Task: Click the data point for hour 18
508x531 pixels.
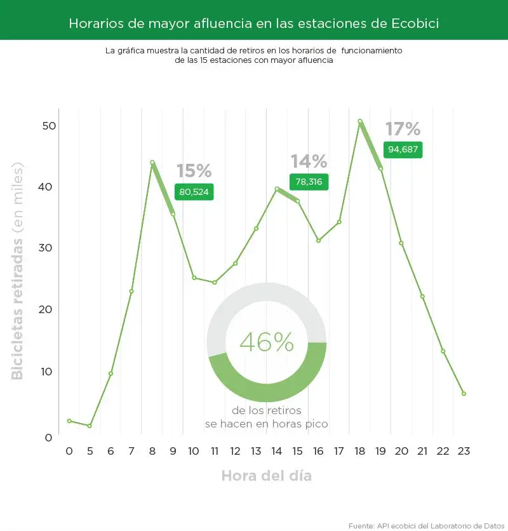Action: pyautogui.click(x=360, y=121)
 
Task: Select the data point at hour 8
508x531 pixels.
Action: pyautogui.click(x=152, y=163)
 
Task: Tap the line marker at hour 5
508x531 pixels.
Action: pyautogui.click(x=90, y=426)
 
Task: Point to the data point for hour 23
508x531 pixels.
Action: pyautogui.click(x=464, y=394)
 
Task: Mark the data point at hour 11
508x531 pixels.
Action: pyautogui.click(x=215, y=282)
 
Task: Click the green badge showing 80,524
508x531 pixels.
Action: pyautogui.click(x=194, y=191)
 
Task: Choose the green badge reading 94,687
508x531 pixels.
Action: pyautogui.click(x=403, y=150)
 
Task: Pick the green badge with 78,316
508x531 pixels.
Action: pyautogui.click(x=309, y=182)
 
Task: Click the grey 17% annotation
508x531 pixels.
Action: pyautogui.click(x=403, y=130)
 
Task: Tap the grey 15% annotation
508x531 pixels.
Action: pyautogui.click(x=194, y=171)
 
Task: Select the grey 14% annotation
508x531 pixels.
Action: pyautogui.click(x=309, y=161)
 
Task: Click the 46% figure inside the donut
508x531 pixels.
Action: pyautogui.click(x=267, y=342)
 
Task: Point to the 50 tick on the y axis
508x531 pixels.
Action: pyautogui.click(x=50, y=125)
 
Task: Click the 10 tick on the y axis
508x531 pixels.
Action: pyautogui.click(x=50, y=371)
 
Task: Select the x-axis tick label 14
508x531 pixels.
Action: pyautogui.click(x=277, y=451)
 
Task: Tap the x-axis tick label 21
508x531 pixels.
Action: pyautogui.click(x=422, y=451)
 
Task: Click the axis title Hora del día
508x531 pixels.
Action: pyautogui.click(x=267, y=475)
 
